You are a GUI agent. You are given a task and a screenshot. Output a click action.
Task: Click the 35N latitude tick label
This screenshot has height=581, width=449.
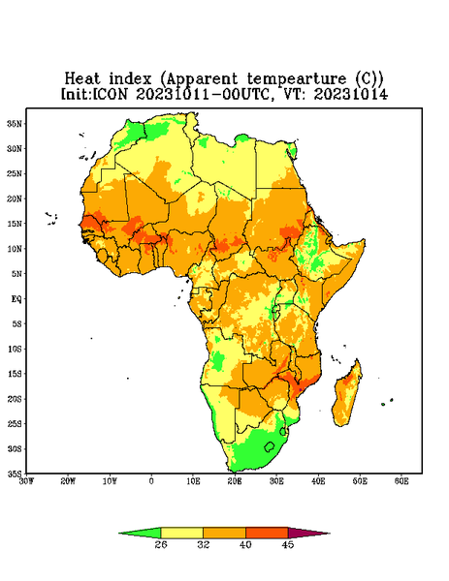15,123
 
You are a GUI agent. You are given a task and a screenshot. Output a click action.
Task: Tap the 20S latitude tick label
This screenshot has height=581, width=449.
15,399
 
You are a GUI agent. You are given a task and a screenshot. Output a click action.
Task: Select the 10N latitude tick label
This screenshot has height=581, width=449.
15,249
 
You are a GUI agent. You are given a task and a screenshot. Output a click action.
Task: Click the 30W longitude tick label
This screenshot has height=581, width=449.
27,481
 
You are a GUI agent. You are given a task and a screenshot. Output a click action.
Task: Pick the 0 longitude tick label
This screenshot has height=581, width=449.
151,481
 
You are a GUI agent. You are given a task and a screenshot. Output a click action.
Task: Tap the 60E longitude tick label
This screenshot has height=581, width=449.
401,481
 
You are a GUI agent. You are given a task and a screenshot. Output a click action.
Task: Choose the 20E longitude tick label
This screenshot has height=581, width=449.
235,481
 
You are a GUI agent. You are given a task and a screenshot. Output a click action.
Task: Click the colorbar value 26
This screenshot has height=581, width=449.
161,544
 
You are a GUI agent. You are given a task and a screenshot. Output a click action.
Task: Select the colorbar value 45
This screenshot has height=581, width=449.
288,544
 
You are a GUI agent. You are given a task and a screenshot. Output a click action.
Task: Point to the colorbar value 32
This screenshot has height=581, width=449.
204,544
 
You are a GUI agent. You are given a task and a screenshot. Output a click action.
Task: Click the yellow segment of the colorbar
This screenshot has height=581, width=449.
181,533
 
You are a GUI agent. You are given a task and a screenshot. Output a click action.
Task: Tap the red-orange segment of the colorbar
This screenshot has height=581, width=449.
267,533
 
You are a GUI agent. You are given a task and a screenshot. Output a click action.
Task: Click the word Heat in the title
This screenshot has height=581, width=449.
82,78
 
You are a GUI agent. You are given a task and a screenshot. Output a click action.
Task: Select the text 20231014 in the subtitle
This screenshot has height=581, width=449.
351,94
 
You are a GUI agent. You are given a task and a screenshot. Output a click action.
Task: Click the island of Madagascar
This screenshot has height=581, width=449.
348,393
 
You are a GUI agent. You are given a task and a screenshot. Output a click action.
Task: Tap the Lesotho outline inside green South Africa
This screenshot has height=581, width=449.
270,446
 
